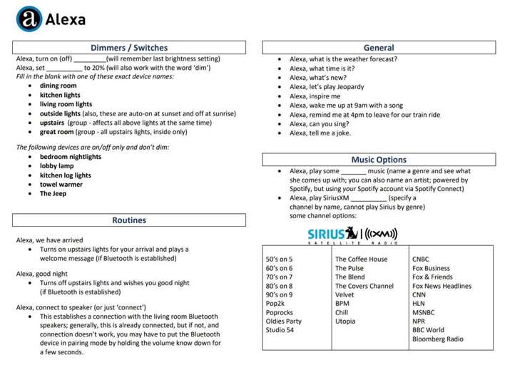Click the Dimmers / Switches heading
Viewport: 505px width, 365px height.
point(129,48)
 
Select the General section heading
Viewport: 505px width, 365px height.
point(379,48)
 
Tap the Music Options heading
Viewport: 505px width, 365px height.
point(379,160)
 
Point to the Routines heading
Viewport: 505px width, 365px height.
point(129,220)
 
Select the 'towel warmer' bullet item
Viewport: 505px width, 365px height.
point(62,184)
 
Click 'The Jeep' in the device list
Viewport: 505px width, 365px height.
point(53,193)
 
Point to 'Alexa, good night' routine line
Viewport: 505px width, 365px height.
point(45,273)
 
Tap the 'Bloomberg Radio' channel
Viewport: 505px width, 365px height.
point(438,339)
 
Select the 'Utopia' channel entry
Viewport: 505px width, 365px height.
point(346,322)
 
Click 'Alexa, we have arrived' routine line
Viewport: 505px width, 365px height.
point(50,240)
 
